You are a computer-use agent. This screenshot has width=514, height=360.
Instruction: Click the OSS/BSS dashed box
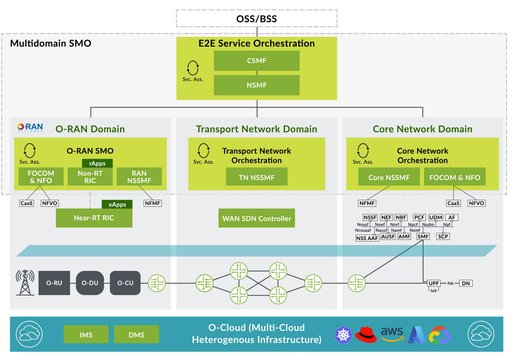pos(256,18)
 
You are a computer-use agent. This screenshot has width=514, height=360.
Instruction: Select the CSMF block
pos(256,61)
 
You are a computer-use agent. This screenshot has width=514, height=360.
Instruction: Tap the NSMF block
pos(256,85)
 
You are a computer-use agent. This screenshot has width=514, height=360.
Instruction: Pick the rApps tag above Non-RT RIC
pos(97,163)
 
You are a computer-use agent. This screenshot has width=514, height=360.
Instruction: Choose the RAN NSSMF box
pos(139,177)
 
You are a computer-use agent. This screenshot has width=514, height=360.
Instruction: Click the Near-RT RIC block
pos(94,218)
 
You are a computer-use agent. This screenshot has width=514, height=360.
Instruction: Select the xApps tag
pos(117,204)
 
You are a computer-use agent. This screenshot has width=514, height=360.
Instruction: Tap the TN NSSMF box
pos(256,177)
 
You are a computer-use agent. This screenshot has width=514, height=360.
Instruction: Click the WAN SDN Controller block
pos(256,218)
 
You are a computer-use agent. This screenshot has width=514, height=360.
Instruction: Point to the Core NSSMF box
pos(389,177)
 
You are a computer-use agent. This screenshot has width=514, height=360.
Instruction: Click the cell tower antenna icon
pos(25,282)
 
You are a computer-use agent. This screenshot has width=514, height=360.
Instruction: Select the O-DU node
pos(90,283)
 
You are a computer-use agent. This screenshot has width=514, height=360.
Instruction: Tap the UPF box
pos(434,283)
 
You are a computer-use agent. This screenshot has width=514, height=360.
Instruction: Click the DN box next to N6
pos(465,283)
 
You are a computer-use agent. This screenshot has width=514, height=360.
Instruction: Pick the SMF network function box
pos(423,237)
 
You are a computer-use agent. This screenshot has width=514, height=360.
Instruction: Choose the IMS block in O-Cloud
pos(86,334)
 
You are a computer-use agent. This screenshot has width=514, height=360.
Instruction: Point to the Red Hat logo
pos(366,334)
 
